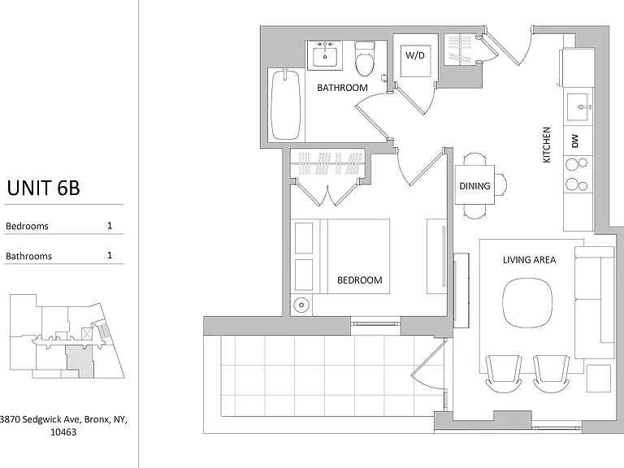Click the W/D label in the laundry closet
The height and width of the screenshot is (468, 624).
[415, 55]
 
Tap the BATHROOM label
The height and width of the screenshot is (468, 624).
[342, 88]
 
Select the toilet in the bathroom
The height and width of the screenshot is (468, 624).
[364, 58]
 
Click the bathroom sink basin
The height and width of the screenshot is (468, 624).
[325, 57]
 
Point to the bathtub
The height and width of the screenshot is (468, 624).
[285, 104]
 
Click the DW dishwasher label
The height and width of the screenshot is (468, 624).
[574, 141]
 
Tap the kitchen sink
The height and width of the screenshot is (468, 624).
[578, 107]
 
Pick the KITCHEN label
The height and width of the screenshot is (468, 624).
[546, 145]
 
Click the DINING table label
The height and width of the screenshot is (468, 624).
[474, 186]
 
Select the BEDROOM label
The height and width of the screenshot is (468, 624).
[359, 280]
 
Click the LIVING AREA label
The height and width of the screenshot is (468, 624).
[529, 260]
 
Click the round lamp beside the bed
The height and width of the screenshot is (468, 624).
[301, 305]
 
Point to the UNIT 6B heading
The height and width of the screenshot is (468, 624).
[43, 188]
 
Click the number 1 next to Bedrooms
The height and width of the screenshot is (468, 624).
[110, 226]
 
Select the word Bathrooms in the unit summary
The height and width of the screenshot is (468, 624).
[28, 256]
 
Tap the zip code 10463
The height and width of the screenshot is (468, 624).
[63, 431]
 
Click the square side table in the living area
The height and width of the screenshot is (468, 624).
[599, 379]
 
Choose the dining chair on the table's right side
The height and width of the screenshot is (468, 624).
[501, 185]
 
